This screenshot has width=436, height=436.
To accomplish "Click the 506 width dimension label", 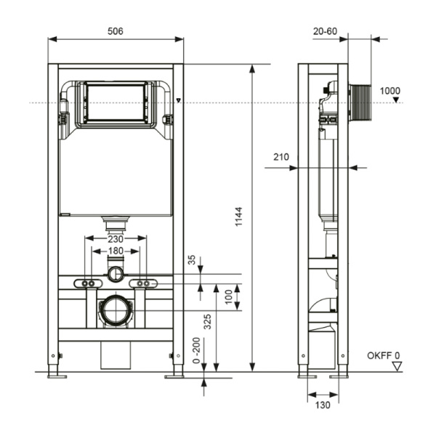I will point(115,31).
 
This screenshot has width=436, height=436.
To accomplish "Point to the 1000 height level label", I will point(389,91).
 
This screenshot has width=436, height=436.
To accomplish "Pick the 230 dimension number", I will point(116,239).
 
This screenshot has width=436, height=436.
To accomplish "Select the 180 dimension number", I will point(116,251).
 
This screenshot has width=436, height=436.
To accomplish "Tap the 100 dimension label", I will point(228,297).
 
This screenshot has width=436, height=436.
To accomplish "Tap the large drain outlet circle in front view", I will point(115,310).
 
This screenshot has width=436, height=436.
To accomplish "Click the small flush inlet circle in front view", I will point(116,275).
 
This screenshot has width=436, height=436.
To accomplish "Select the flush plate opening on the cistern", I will point(116,102).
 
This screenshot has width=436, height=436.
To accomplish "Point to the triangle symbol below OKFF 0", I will point(396,367).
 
